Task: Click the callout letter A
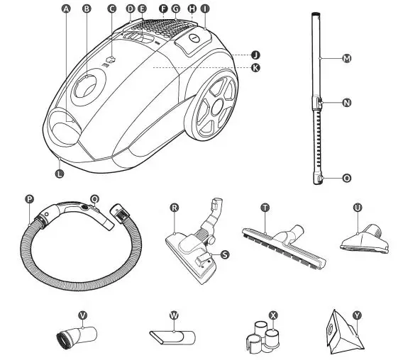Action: tap(67, 9)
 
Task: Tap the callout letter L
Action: tap(60, 171)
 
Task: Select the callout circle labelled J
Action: tap(255, 55)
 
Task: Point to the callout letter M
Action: tap(347, 59)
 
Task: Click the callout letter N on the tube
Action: tap(347, 103)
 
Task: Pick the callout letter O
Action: tap(347, 179)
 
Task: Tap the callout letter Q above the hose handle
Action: tap(95, 201)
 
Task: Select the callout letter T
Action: tap(265, 208)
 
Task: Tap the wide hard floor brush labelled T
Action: tap(284, 241)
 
